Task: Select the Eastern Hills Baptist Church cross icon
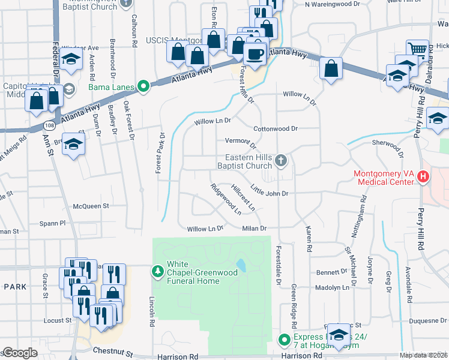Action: pyautogui.click(x=280, y=160)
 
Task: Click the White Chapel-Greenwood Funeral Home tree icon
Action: pyautogui.click(x=158, y=272)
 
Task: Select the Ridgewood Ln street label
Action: pyautogui.click(x=226, y=199)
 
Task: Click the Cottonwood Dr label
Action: pyautogui.click(x=276, y=128)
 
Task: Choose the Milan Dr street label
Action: pyautogui.click(x=254, y=228)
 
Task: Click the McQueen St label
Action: pyautogui.click(x=90, y=206)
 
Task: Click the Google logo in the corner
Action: pyautogui.click(x=20, y=353)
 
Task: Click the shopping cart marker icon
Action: pyautogui.click(x=417, y=50)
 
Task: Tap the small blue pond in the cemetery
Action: pyautogui.click(x=241, y=265)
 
